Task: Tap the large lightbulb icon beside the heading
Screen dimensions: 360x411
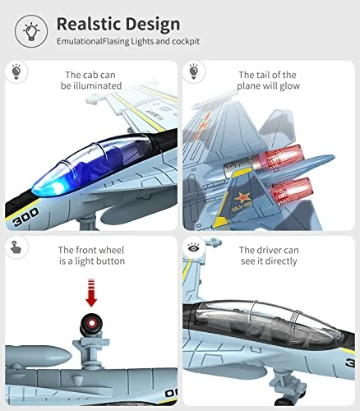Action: coord(31,31)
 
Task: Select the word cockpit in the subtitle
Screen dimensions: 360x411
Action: coord(186,41)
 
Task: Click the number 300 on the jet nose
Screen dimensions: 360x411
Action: coord(26,217)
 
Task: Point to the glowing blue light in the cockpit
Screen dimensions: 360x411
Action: coord(55,187)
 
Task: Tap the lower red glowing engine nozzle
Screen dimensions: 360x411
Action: coord(292,191)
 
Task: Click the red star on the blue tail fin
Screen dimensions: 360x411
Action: coord(242,196)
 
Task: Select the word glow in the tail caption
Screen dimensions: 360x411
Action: coord(289,86)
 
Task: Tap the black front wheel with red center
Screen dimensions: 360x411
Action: coord(91,324)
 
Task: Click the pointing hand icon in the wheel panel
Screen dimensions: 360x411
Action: coord(16,247)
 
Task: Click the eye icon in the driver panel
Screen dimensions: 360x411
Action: coord(194,247)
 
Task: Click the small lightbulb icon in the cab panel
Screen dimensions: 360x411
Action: coord(16,72)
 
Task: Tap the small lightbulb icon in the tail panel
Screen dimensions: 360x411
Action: coord(194,72)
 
